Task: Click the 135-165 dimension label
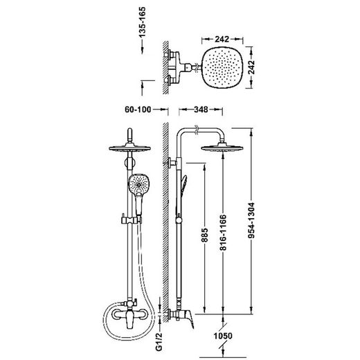(x=143, y=22)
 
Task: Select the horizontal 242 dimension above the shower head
(x=222, y=39)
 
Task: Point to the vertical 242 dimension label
(x=251, y=67)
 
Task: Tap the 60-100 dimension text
(x=138, y=109)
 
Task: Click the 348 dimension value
(x=201, y=109)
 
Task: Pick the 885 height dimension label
(x=204, y=235)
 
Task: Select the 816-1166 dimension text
(x=223, y=233)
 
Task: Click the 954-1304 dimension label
(x=251, y=220)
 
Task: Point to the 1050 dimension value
(x=223, y=336)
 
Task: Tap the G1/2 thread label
(x=159, y=342)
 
